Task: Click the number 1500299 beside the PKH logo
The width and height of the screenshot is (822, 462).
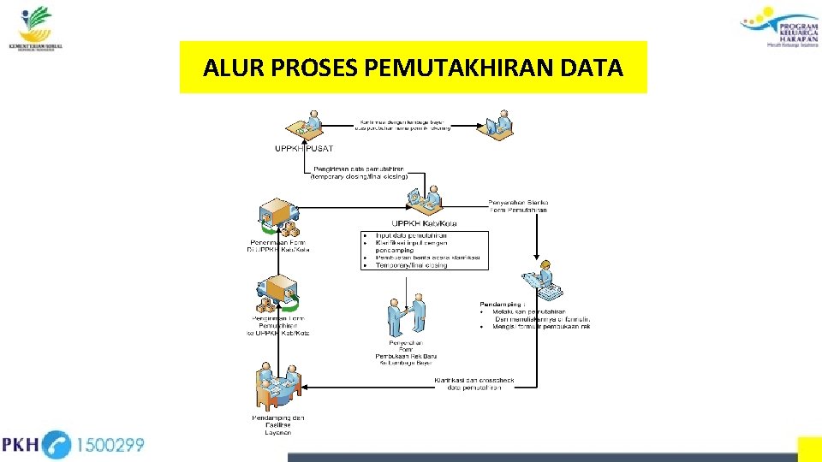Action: tap(111, 445)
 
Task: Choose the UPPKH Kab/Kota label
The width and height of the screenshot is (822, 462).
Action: tap(422, 224)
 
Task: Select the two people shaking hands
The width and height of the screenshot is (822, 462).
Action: tap(406, 315)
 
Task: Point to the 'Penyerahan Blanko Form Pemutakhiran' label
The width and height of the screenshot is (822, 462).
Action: tap(518, 206)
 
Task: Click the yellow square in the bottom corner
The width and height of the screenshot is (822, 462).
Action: tap(809, 449)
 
